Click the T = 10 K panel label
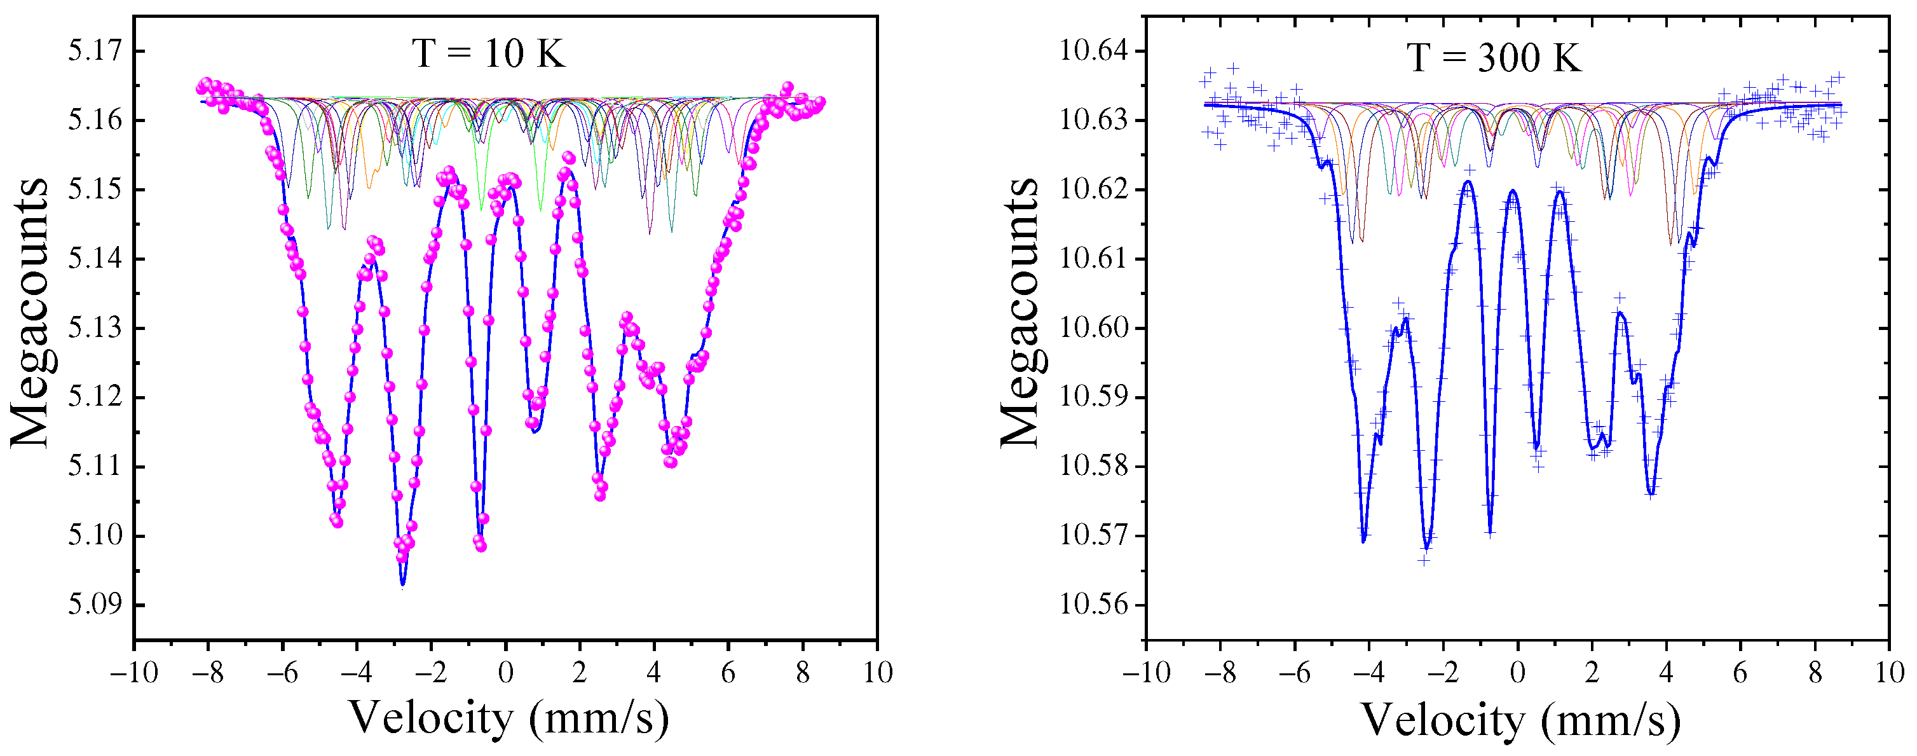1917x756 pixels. pos(488,53)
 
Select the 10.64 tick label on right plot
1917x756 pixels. pos(1093,52)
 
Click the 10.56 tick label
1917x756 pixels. pos(1093,604)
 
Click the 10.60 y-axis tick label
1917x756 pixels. pos(1093,328)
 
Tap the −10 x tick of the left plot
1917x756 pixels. pos(134,673)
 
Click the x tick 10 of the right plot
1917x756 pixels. pos(1889,673)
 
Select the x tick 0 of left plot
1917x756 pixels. pos(505,673)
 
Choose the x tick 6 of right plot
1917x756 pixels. pos(1740,673)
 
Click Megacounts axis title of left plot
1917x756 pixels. pos(30,313)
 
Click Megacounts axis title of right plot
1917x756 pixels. pos(1020,313)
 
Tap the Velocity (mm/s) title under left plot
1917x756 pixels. pos(509,718)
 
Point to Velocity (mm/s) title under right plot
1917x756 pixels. pos(1521,720)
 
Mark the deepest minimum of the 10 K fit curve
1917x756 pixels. pos(402,585)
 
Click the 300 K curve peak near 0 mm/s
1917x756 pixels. pos(1512,191)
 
